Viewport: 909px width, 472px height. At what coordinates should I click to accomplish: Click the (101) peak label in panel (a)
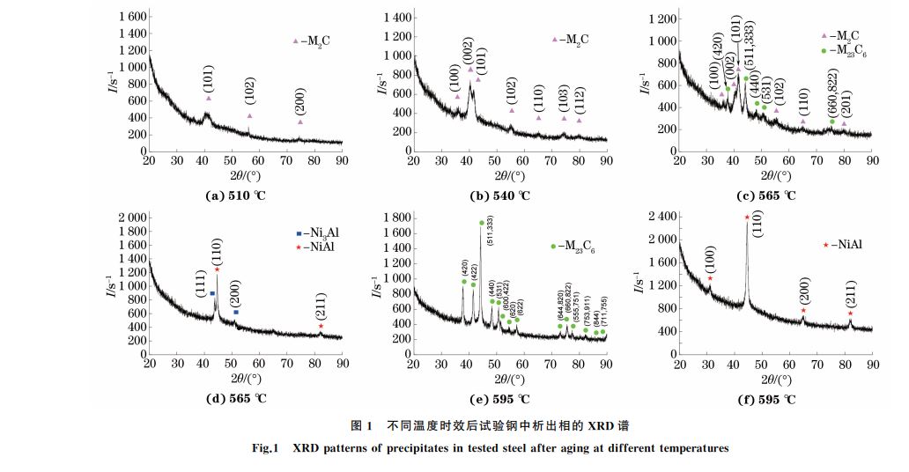coord(207,77)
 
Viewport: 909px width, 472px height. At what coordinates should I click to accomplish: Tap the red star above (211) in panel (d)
coord(321,327)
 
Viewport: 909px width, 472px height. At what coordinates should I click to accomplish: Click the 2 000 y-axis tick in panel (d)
coord(129,217)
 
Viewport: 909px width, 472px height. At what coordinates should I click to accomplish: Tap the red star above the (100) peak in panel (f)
coord(710,278)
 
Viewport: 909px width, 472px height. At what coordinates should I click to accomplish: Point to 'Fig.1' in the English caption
coord(263,448)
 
